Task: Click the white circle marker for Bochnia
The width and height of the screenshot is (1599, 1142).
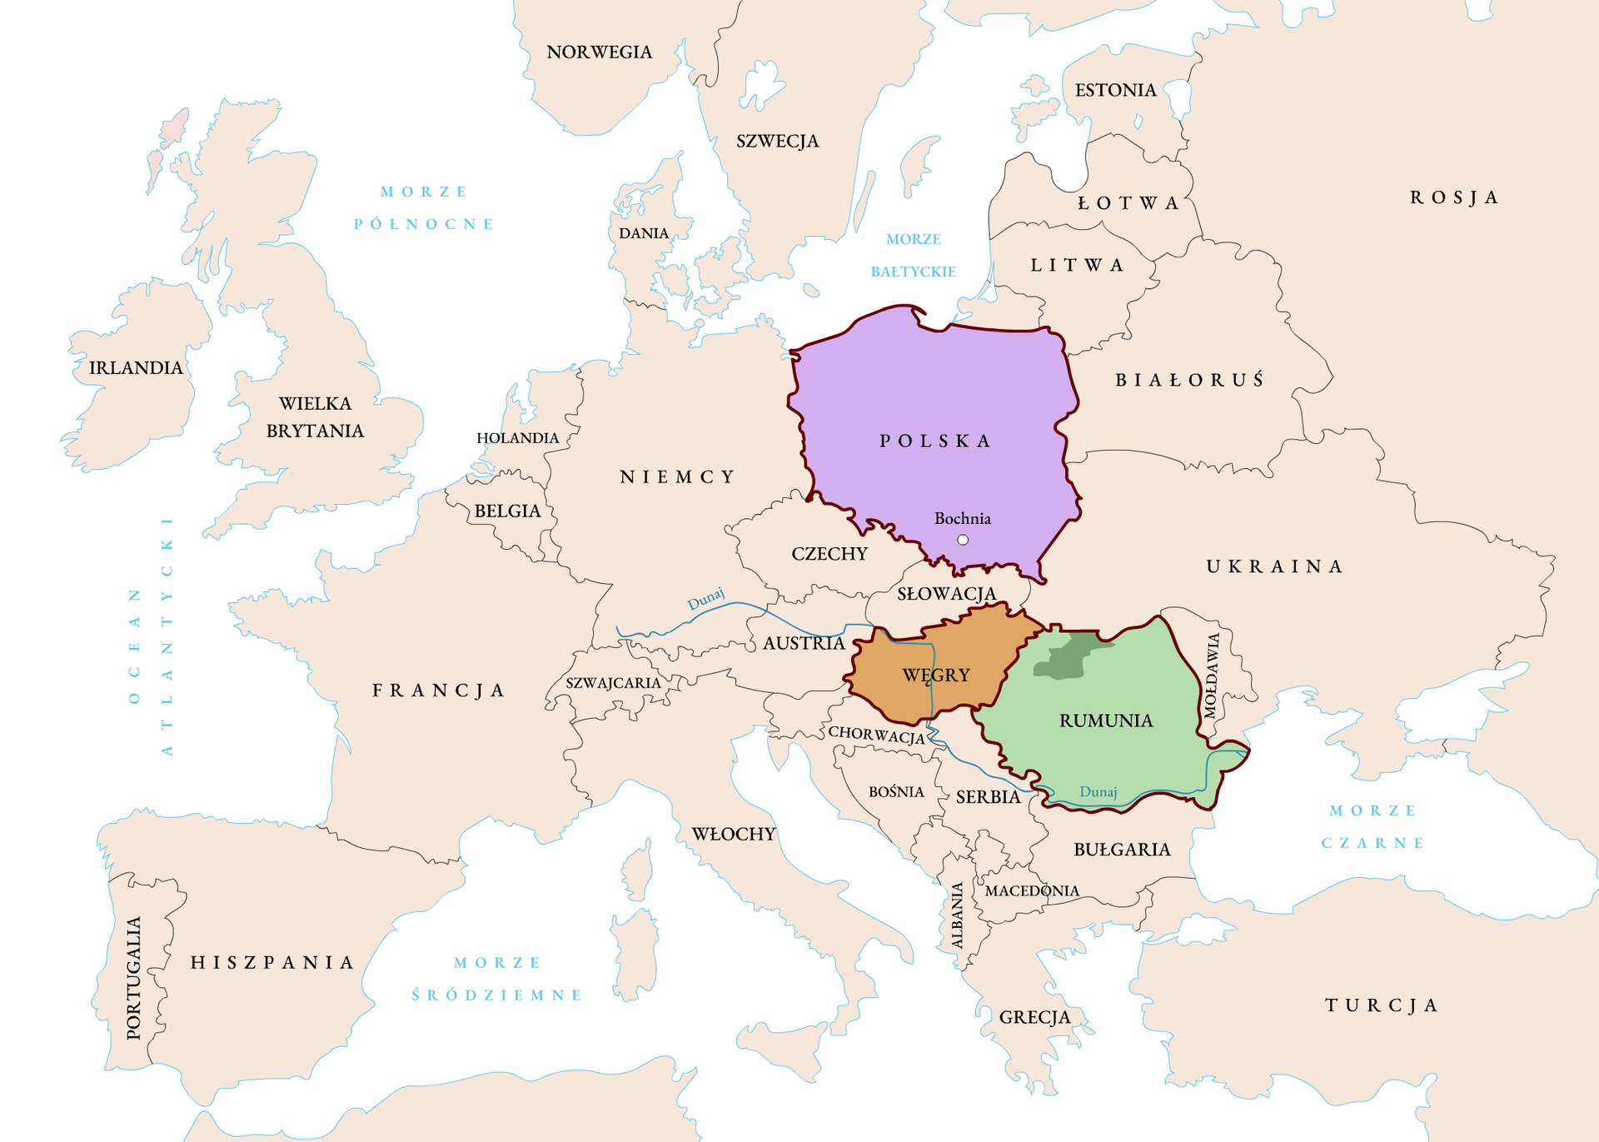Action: pyautogui.click(x=963, y=540)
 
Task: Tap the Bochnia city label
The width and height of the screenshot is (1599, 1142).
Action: pyautogui.click(x=962, y=518)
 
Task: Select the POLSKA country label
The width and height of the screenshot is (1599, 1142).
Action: pyautogui.click(x=935, y=441)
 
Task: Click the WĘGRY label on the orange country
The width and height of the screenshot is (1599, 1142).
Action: pyautogui.click(x=936, y=675)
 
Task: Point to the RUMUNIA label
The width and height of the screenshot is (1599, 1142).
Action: pyautogui.click(x=1106, y=721)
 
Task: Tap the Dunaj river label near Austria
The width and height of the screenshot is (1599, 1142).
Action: pyautogui.click(x=705, y=599)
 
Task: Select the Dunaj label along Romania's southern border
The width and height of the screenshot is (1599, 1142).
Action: pyautogui.click(x=1098, y=791)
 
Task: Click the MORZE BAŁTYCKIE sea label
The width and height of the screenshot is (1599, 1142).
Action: pyautogui.click(x=913, y=255)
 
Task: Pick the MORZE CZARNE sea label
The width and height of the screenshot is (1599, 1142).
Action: pyautogui.click(x=1372, y=826)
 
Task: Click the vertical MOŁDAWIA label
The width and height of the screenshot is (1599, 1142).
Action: pyautogui.click(x=1212, y=675)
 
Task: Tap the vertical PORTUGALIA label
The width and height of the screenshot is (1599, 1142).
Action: pyautogui.click(x=133, y=978)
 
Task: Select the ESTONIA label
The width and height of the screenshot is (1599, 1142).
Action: pyautogui.click(x=1115, y=90)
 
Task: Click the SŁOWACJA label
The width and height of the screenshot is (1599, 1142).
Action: pyautogui.click(x=946, y=594)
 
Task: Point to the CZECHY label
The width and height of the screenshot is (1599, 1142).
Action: pyautogui.click(x=829, y=554)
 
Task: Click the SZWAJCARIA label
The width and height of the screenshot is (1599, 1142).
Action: pyautogui.click(x=613, y=683)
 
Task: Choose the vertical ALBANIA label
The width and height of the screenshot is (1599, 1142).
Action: pyautogui.click(x=958, y=915)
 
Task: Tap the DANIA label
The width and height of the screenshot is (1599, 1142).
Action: pyautogui.click(x=643, y=233)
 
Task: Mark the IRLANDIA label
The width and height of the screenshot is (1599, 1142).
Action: pyautogui.click(x=136, y=367)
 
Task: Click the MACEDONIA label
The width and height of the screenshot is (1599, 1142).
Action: pyautogui.click(x=1032, y=890)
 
